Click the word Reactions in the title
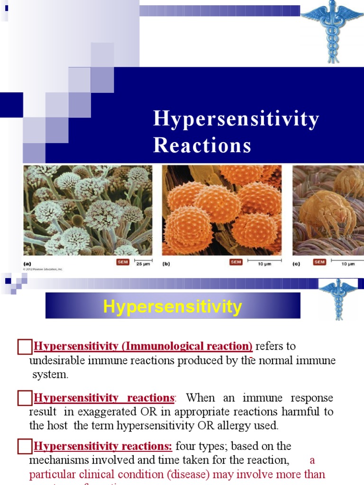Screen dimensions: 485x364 pos(202,145)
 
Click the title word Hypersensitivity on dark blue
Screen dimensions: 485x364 pos(236,119)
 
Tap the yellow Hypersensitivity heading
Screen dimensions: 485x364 pos(173,307)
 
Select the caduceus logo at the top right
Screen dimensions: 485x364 pos(332,30)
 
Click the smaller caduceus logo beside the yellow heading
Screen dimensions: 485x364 pos(338,298)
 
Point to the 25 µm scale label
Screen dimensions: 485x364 pos(144,264)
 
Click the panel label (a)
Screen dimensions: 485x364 pos(27,263)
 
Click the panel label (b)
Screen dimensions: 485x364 pos(166,263)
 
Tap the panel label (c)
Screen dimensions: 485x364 pos(296,263)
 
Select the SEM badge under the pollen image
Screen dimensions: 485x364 pos(236,262)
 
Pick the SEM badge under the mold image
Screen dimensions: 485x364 pos(122,262)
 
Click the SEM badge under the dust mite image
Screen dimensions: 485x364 pos(319,262)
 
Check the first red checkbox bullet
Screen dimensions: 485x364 pos(24,347)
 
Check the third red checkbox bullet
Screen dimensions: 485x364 pos(24,447)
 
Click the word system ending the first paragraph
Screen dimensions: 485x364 pos(50,375)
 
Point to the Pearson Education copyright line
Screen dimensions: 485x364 pos(43,269)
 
